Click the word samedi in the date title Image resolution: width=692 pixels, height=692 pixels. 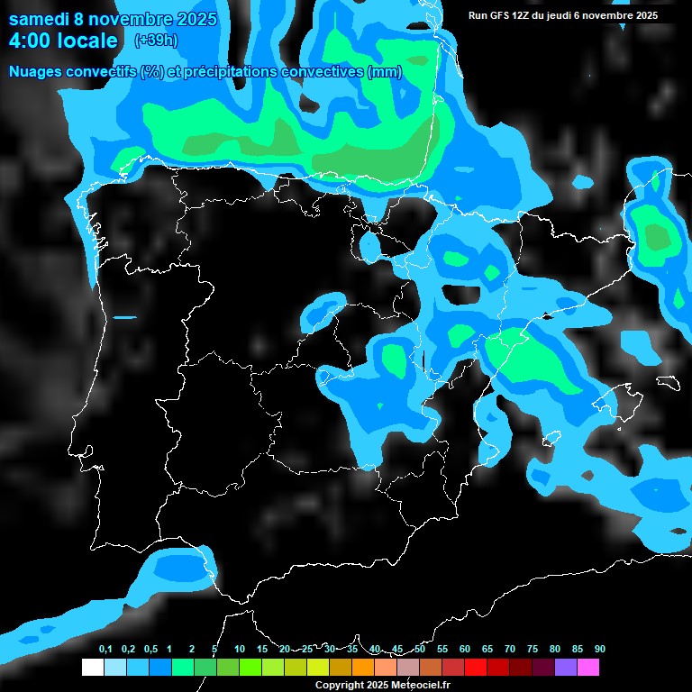coord(41,19)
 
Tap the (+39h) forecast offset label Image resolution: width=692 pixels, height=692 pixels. coord(156,40)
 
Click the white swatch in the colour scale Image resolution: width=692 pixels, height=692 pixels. coord(92,668)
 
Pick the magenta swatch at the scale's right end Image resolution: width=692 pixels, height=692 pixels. coord(588,668)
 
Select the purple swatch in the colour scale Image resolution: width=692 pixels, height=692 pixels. coord(566,668)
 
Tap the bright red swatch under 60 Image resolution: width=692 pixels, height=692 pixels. coord(476,668)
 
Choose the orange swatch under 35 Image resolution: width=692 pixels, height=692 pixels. coord(363,668)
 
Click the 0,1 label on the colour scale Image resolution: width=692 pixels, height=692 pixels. coord(105,650)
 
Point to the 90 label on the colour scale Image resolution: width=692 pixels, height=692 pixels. coord(599,650)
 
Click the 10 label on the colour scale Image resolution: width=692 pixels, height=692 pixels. coord(239,650)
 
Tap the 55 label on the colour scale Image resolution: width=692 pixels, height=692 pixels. coord(442,650)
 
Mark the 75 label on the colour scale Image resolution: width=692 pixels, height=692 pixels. coord(532,650)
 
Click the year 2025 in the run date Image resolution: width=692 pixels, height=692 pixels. coord(645,15)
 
